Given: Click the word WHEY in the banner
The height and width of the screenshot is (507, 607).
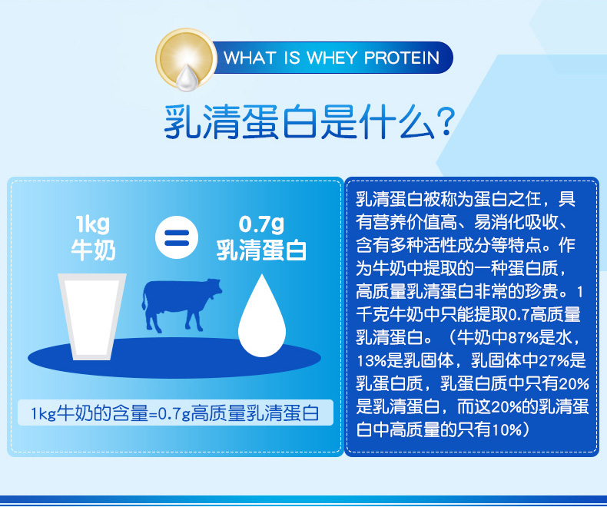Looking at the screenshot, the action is click(x=332, y=58).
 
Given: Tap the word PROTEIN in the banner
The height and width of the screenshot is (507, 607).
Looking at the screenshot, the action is click(x=402, y=58).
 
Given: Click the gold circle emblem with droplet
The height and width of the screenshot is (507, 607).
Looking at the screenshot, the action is click(x=186, y=59).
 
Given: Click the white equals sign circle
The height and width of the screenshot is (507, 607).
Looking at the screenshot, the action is click(x=177, y=237).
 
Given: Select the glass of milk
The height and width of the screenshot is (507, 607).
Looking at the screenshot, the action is click(x=92, y=316).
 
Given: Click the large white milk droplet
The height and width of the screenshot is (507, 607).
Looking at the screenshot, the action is click(x=262, y=316).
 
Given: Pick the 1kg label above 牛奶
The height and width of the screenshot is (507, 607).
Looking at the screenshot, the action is click(x=93, y=224).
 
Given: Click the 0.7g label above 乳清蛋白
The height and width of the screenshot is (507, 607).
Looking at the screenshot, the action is click(x=261, y=224).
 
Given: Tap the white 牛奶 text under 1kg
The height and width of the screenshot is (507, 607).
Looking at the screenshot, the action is click(x=93, y=250).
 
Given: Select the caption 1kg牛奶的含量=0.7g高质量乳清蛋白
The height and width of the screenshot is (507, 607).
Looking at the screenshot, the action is click(x=175, y=413).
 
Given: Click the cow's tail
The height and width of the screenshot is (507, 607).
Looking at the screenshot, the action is click(x=144, y=299).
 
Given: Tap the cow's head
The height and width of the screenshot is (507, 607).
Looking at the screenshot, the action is click(x=214, y=288).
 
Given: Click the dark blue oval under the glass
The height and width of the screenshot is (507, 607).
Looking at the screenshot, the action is click(x=174, y=358).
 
